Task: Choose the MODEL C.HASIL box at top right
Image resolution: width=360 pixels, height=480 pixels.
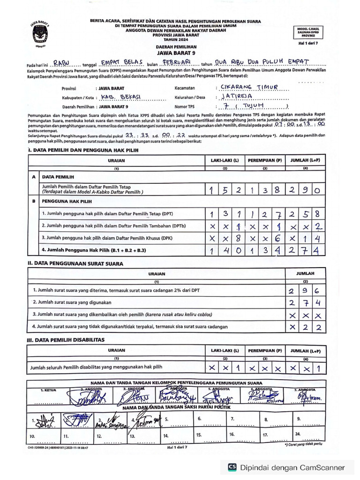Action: (x=308, y=31)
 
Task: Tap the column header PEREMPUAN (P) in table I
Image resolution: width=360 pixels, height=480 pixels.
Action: (x=265, y=160)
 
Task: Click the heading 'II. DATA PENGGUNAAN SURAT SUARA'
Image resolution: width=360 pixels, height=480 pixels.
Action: (x=75, y=263)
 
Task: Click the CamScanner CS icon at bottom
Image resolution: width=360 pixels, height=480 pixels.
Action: (x=232, y=467)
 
